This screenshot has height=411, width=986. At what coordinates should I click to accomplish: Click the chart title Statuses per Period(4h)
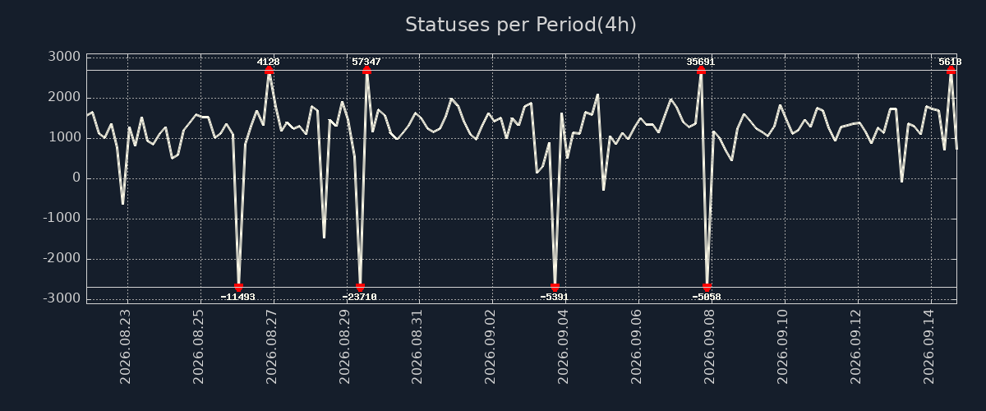[521, 25]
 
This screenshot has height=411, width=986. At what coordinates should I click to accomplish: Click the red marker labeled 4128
[269, 71]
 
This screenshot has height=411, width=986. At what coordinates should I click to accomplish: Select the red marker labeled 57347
[366, 71]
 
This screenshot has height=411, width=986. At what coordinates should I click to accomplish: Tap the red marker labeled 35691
[701, 71]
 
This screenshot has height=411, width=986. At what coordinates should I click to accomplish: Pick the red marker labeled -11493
[238, 287]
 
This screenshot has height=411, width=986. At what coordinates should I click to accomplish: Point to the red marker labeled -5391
[555, 287]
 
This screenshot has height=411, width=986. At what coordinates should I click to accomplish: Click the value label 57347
[366, 62]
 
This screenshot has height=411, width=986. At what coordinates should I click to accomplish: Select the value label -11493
[237, 297]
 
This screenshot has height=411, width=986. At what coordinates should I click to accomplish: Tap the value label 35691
[701, 62]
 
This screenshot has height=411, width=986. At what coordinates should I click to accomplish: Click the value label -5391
[554, 297]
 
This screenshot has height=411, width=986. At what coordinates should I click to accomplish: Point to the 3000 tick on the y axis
[64, 57]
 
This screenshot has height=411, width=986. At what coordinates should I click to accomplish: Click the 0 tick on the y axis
[76, 178]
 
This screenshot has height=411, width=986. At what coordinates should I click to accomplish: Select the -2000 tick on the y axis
[62, 258]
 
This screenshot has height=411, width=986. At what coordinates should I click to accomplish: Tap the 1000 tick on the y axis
[64, 138]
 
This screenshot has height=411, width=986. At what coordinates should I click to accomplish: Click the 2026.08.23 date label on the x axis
[125, 347]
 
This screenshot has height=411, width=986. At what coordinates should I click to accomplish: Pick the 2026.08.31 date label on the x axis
[417, 347]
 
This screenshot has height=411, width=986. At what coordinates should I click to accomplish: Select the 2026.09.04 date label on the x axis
[563, 347]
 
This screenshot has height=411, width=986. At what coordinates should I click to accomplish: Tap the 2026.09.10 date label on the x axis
[782, 347]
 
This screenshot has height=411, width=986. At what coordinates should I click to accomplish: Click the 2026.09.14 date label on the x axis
[928, 347]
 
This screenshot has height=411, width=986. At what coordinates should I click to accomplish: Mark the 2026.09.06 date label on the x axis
[636, 347]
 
